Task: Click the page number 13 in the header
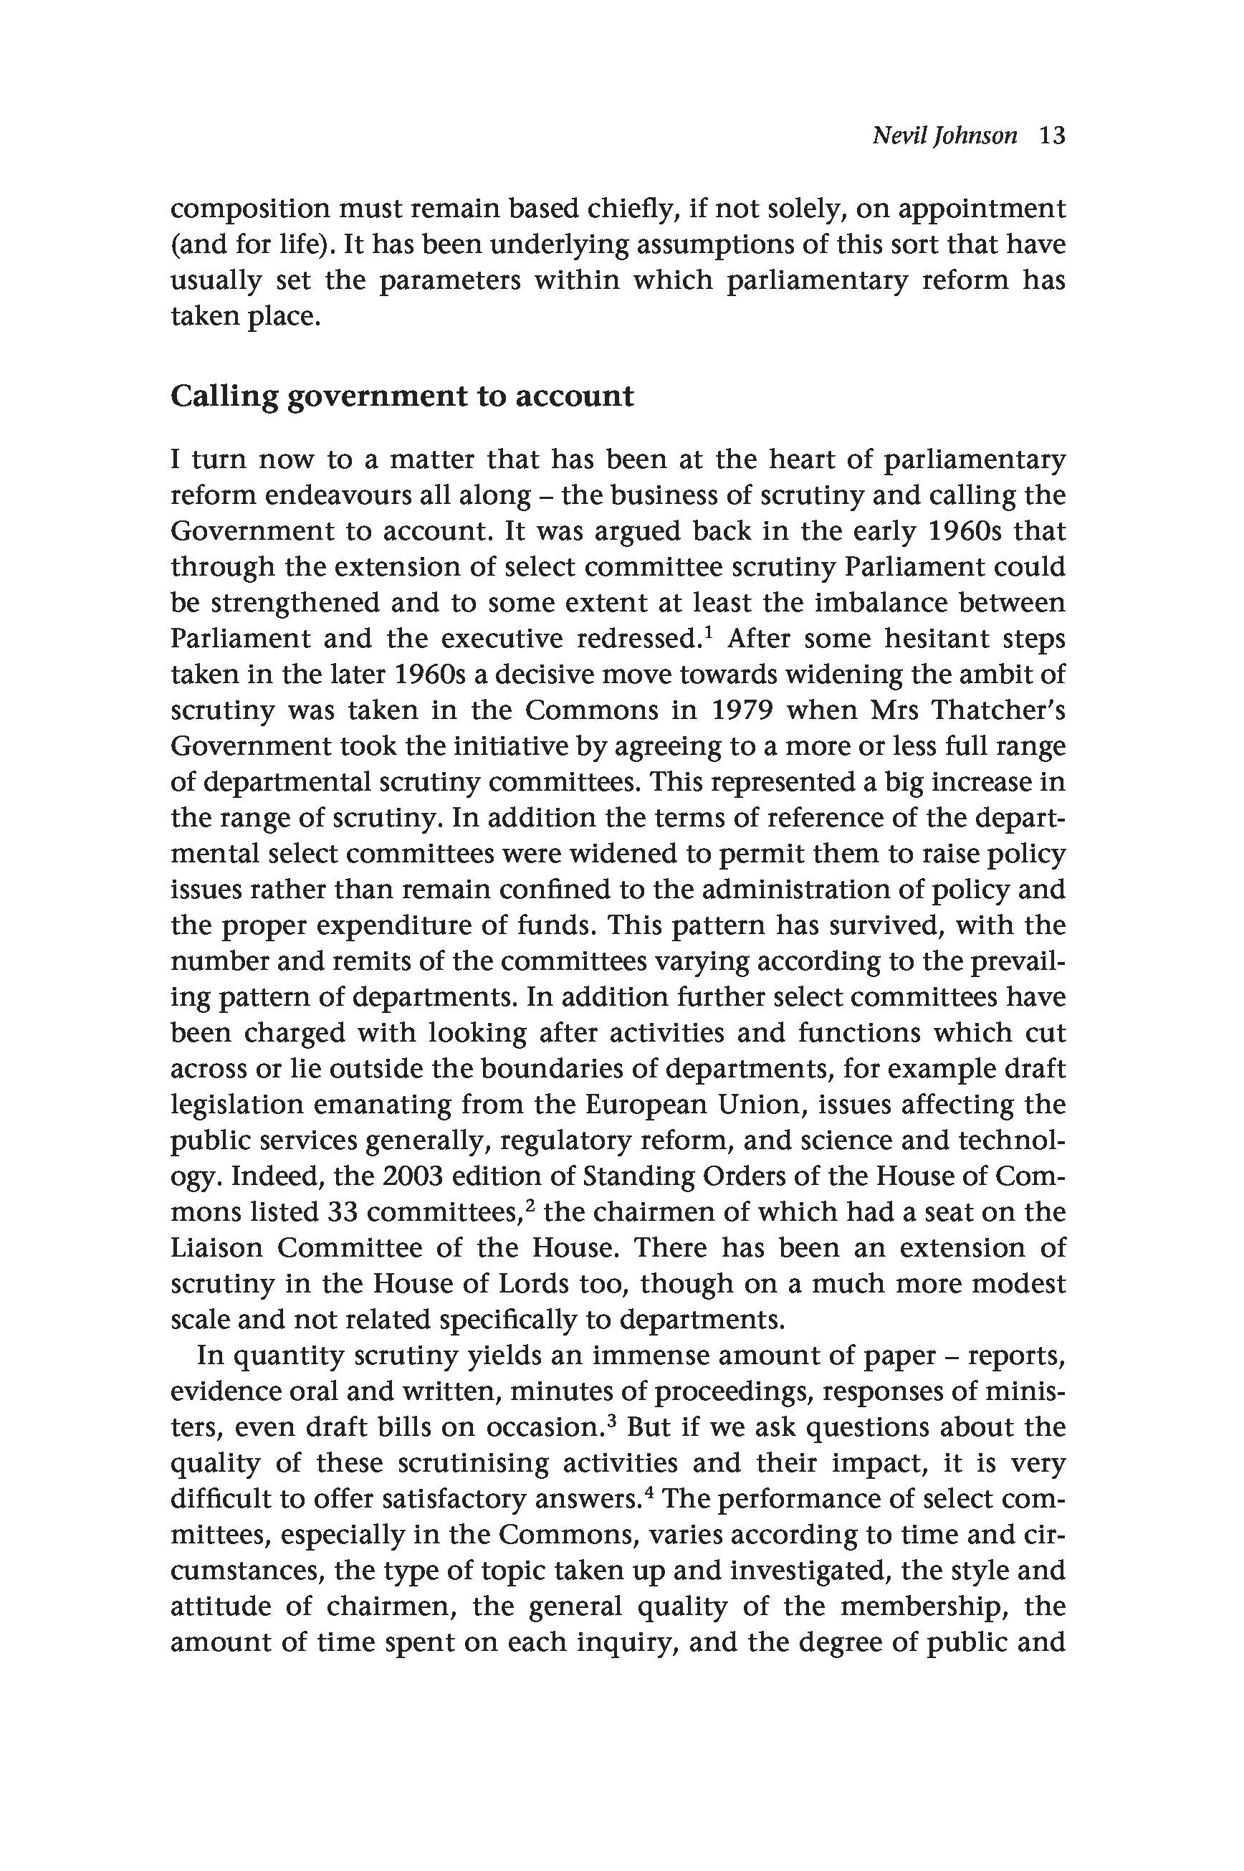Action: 1051,135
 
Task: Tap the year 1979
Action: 741,710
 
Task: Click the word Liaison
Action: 216,1248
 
